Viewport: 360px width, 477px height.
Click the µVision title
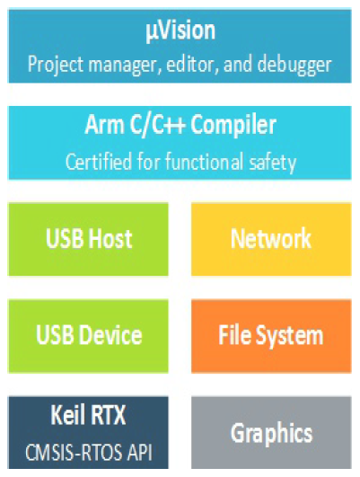coord(180,31)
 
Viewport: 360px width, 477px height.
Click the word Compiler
coord(233,126)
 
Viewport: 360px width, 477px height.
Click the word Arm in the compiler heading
coord(105,125)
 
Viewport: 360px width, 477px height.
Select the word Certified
coord(99,161)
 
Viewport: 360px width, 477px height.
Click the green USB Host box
coord(88,239)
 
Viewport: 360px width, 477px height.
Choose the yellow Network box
coord(271,239)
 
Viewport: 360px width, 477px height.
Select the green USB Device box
coord(88,336)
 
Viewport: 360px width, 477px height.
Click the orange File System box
coord(271,336)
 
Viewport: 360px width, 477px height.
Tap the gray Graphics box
coord(271,433)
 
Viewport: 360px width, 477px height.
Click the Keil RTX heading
coord(88,415)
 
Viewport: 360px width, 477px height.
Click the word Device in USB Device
coord(112,335)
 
